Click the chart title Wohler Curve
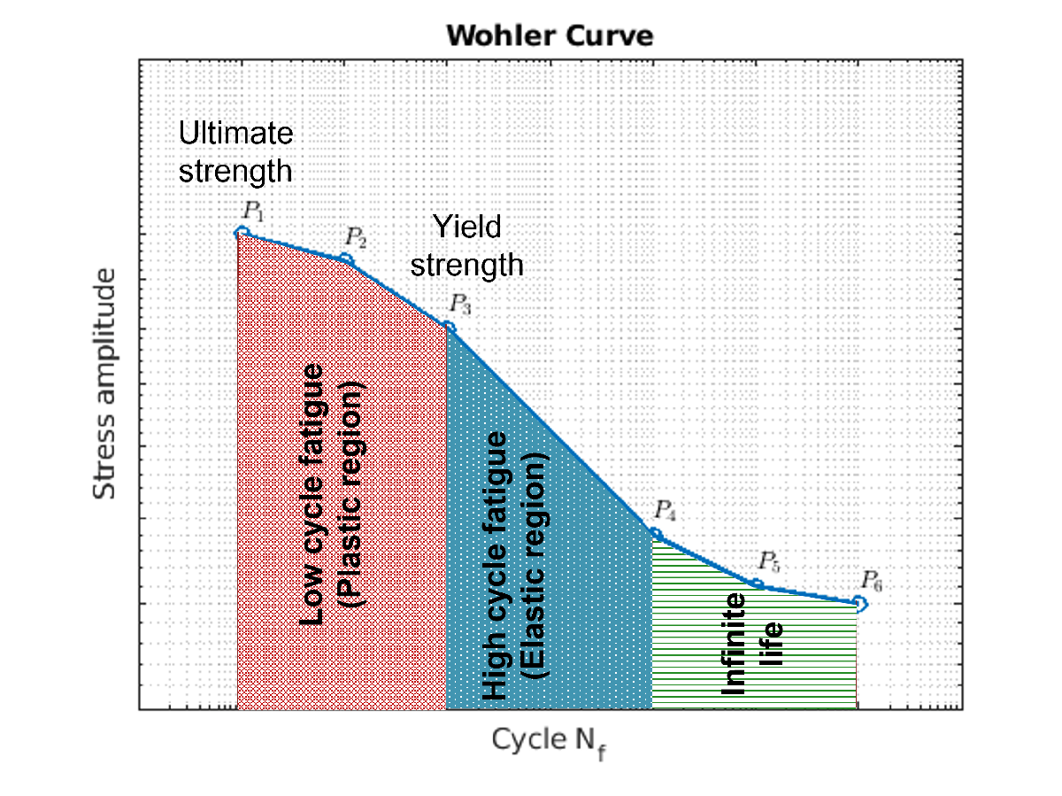tap(549, 36)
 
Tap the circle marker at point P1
tap(241, 233)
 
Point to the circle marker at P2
tap(347, 259)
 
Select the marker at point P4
tap(656, 534)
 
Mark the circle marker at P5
tap(758, 584)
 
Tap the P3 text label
tap(460, 304)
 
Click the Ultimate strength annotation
tap(235, 151)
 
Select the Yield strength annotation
tap(467, 246)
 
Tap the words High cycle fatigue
tap(496, 567)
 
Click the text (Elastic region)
tap(535, 567)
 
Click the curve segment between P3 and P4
tap(551, 431)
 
